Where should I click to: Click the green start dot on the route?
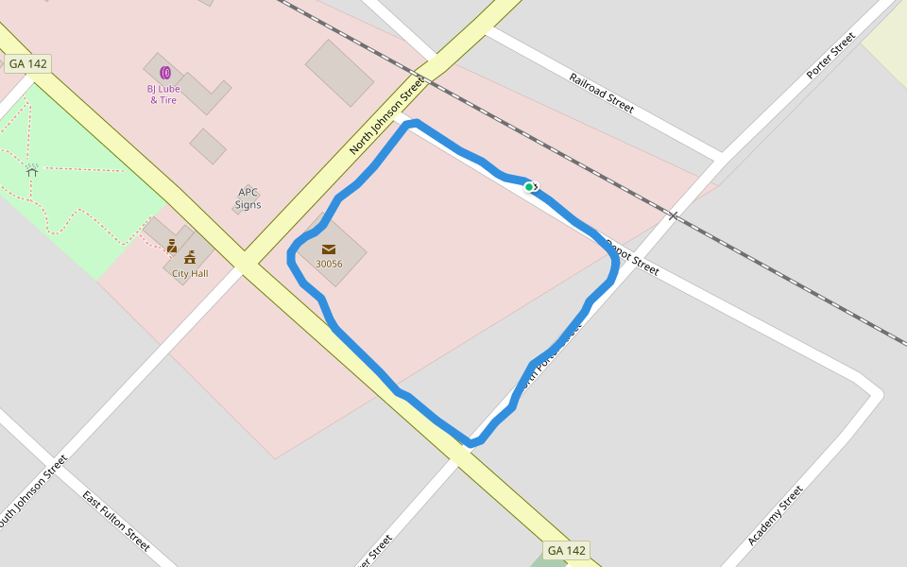(529, 187)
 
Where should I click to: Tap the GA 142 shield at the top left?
(27, 64)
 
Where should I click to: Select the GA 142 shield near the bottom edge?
(567, 550)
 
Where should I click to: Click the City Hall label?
(190, 273)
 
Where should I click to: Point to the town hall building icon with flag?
(190, 256)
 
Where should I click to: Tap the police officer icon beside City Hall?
(172, 246)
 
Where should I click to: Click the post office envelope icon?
(329, 249)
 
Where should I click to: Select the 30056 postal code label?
(329, 265)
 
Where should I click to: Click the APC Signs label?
(248, 198)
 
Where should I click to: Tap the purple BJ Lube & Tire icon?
(164, 72)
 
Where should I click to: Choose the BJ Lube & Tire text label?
(163, 94)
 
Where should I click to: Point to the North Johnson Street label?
(387, 116)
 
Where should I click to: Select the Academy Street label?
(775, 515)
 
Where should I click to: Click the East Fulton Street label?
(116, 521)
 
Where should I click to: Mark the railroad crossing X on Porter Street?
(673, 215)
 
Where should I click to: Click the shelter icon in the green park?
(32, 171)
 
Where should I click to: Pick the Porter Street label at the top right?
(830, 56)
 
